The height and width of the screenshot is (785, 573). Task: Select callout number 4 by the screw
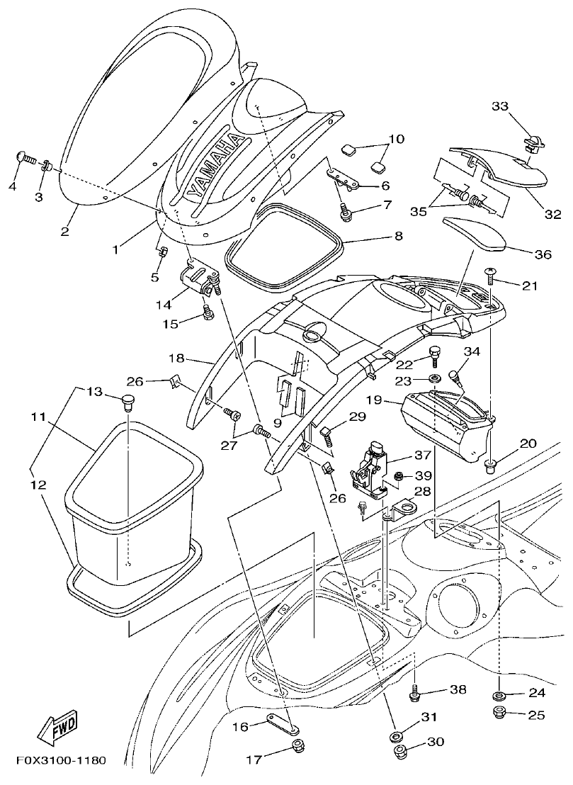12,186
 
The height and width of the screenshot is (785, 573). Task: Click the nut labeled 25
499,712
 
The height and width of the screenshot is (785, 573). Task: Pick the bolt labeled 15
208,312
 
